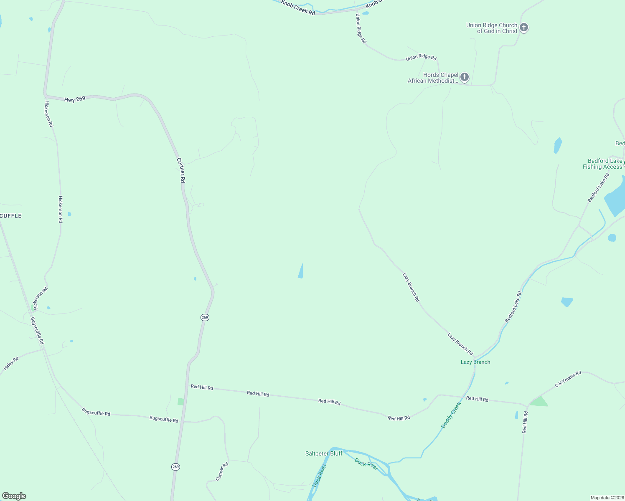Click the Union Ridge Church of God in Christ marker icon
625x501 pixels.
(x=524, y=28)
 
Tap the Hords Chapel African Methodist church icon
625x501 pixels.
(x=464, y=77)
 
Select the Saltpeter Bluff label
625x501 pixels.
(x=324, y=453)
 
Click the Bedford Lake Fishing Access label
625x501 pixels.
(x=602, y=164)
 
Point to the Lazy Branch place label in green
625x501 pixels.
(x=475, y=362)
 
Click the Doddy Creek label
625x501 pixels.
(x=451, y=415)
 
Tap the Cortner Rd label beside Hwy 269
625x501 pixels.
(x=181, y=170)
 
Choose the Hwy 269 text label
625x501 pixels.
(x=75, y=99)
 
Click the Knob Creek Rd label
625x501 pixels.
(x=298, y=8)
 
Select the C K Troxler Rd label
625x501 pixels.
(x=568, y=379)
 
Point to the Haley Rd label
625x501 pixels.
(x=11, y=364)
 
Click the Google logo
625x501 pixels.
(x=14, y=496)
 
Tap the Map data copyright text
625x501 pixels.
(x=607, y=498)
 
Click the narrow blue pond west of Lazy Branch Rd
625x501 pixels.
(x=301, y=271)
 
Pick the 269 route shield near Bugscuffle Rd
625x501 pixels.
(x=175, y=467)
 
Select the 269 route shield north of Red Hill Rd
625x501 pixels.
(x=205, y=317)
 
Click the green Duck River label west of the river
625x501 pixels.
(x=320, y=476)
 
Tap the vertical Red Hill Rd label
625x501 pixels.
(x=525, y=422)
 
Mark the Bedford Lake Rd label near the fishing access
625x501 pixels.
(x=599, y=188)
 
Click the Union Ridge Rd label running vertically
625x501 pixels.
(x=361, y=28)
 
